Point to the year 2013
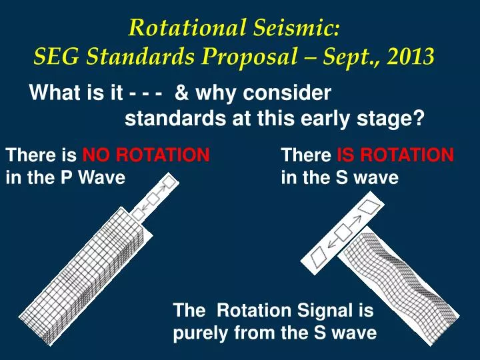[411, 57]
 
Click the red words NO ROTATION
[146, 156]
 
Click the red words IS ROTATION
[395, 156]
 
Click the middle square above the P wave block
[153, 198]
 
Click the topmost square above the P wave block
[169, 181]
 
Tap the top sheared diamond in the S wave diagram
[373, 208]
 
